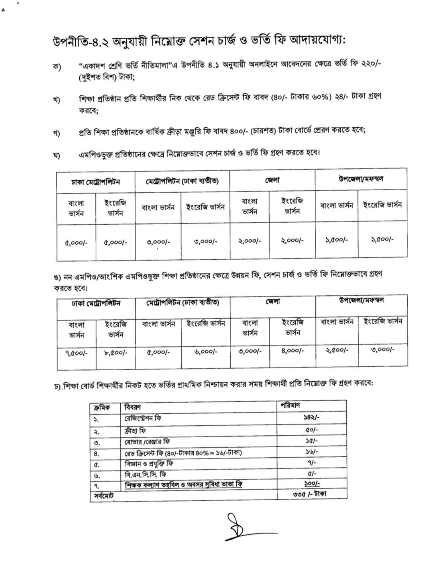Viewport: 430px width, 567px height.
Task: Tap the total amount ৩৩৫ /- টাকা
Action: coord(309,494)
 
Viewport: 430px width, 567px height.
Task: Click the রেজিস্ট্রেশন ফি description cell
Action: coord(143,418)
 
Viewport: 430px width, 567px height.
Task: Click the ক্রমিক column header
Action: coord(101,407)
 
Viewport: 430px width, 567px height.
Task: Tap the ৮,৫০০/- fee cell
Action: coord(116,352)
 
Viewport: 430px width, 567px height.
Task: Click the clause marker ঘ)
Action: coord(57,155)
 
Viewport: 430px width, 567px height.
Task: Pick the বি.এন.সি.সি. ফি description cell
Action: coord(145,474)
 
